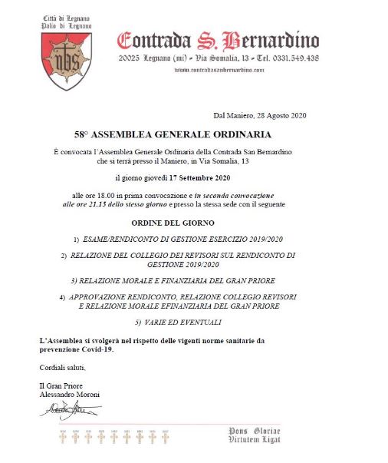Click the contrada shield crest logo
pyautogui.click(x=66, y=60)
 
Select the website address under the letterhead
pyautogui.click(x=219, y=69)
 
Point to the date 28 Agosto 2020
pyautogui.click(x=279, y=115)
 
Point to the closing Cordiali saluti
pyautogui.click(x=58, y=368)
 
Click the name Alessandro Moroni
pyautogui.click(x=70, y=394)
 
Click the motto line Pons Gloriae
pyautogui.click(x=256, y=431)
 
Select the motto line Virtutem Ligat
pyautogui.click(x=256, y=440)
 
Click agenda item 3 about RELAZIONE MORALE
pyautogui.click(x=173, y=279)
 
